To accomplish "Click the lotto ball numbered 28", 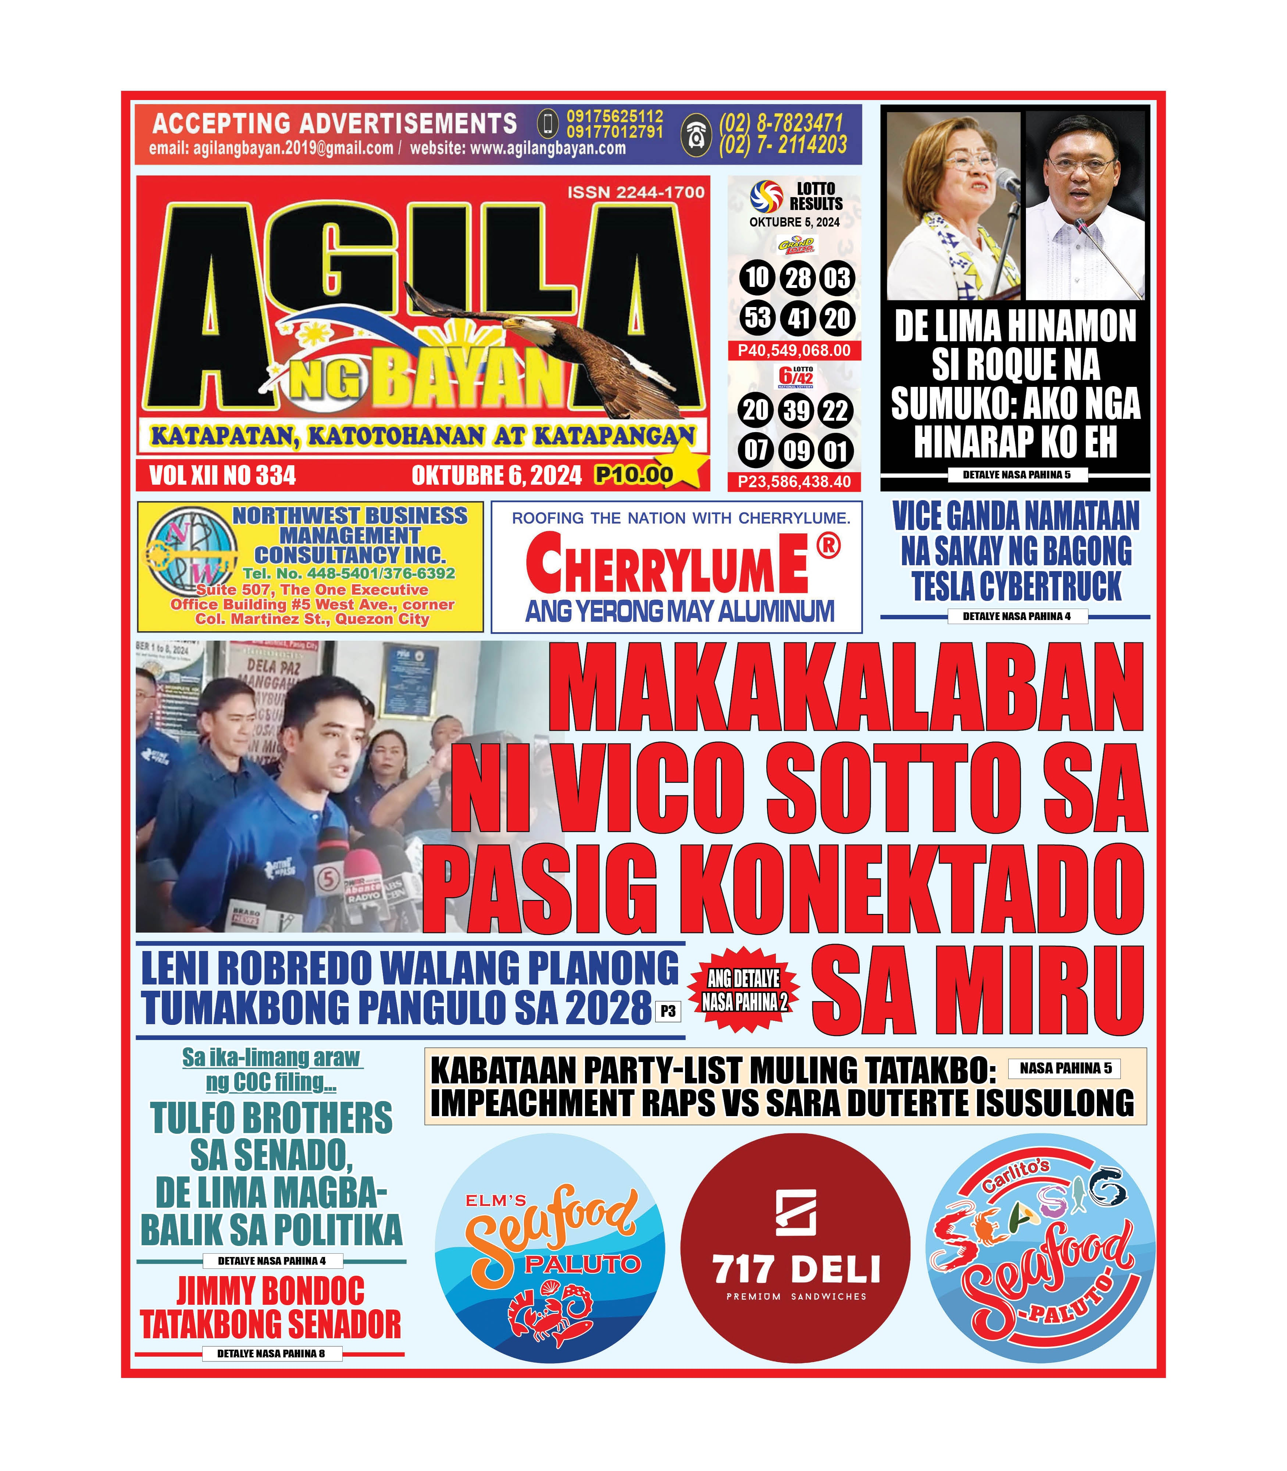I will [798, 278].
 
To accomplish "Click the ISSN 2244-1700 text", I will [636, 192].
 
